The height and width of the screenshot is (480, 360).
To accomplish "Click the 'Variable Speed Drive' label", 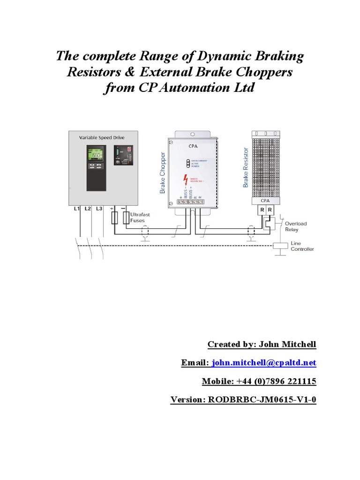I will pos(101,137).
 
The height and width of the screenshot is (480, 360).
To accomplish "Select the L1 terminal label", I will pos(76,209).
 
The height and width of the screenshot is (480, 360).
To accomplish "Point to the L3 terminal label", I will pos(99,209).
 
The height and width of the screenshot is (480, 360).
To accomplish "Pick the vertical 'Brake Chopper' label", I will pos(163,172).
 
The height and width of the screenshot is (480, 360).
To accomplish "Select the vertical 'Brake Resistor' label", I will pos(245,167).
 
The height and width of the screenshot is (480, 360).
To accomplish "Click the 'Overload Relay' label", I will pos(295,226).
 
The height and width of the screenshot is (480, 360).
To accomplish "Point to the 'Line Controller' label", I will pos(302,246).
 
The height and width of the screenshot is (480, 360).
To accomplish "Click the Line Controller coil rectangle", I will pos(279,245).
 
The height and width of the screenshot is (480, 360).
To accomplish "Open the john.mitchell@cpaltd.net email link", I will pos(264,363).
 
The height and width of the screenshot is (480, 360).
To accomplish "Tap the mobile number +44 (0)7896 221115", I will pos(280,382).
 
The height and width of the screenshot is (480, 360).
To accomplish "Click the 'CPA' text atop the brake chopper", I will pos(193,146).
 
